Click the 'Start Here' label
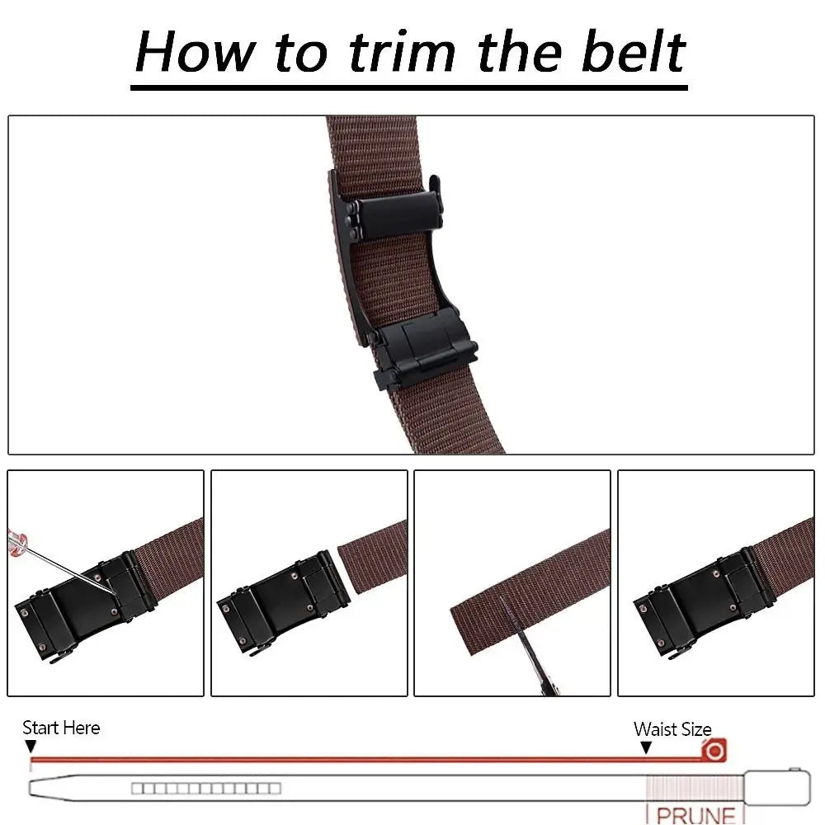pyautogui.click(x=61, y=728)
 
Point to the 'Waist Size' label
pyautogui.click(x=672, y=729)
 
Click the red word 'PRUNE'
pyautogui.click(x=696, y=814)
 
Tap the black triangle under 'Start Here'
pyautogui.click(x=31, y=747)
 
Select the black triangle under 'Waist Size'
pyautogui.click(x=646, y=747)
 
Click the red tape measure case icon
pyautogui.click(x=714, y=751)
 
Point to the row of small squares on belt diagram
pyautogui.click(x=205, y=789)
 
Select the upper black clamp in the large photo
pyautogui.click(x=396, y=209)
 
